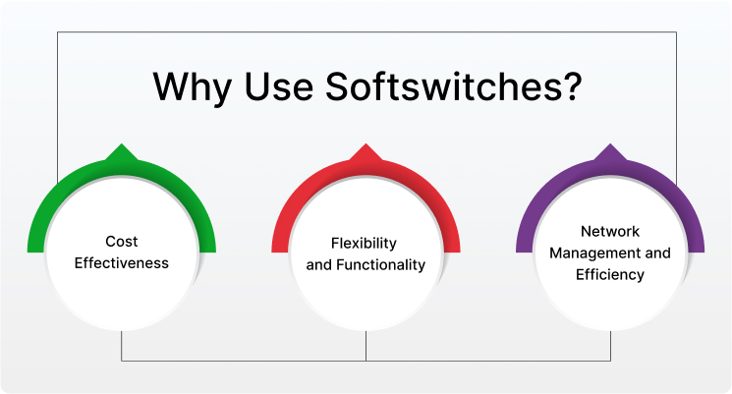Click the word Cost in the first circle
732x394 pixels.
pyautogui.click(x=122, y=241)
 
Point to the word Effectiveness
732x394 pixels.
pyautogui.click(x=122, y=262)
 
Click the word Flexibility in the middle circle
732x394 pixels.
pyautogui.click(x=366, y=242)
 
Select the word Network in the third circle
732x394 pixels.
pyautogui.click(x=610, y=232)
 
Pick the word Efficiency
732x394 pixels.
pyautogui.click(x=610, y=275)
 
